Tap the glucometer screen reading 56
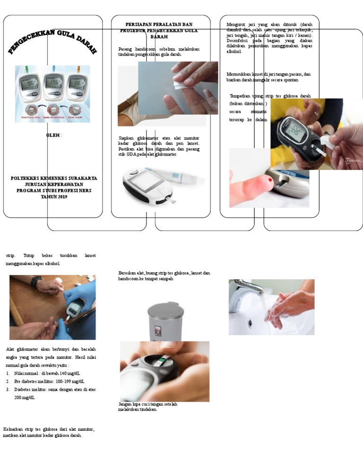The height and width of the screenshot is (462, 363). pyautogui.click(x=77, y=85)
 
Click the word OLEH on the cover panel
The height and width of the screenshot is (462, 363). pyautogui.click(x=52, y=135)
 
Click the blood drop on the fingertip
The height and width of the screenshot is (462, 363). pyautogui.click(x=269, y=180)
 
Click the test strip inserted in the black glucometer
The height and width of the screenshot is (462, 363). pyautogui.click(x=325, y=140)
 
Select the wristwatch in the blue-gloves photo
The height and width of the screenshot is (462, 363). pyautogui.click(x=37, y=282)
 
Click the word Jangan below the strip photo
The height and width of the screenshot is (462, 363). pyautogui.click(x=125, y=404)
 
